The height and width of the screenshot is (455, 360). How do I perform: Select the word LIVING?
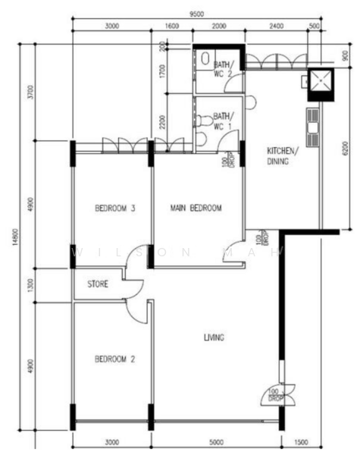[x=214, y=337]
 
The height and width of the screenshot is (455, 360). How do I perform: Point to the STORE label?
[x=97, y=285]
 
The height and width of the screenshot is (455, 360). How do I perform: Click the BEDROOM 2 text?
[x=114, y=359]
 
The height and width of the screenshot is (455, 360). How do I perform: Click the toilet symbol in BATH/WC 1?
[x=202, y=121]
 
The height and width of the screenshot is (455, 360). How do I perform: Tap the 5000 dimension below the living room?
[x=216, y=441]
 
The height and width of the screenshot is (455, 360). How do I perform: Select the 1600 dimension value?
[x=171, y=26]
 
